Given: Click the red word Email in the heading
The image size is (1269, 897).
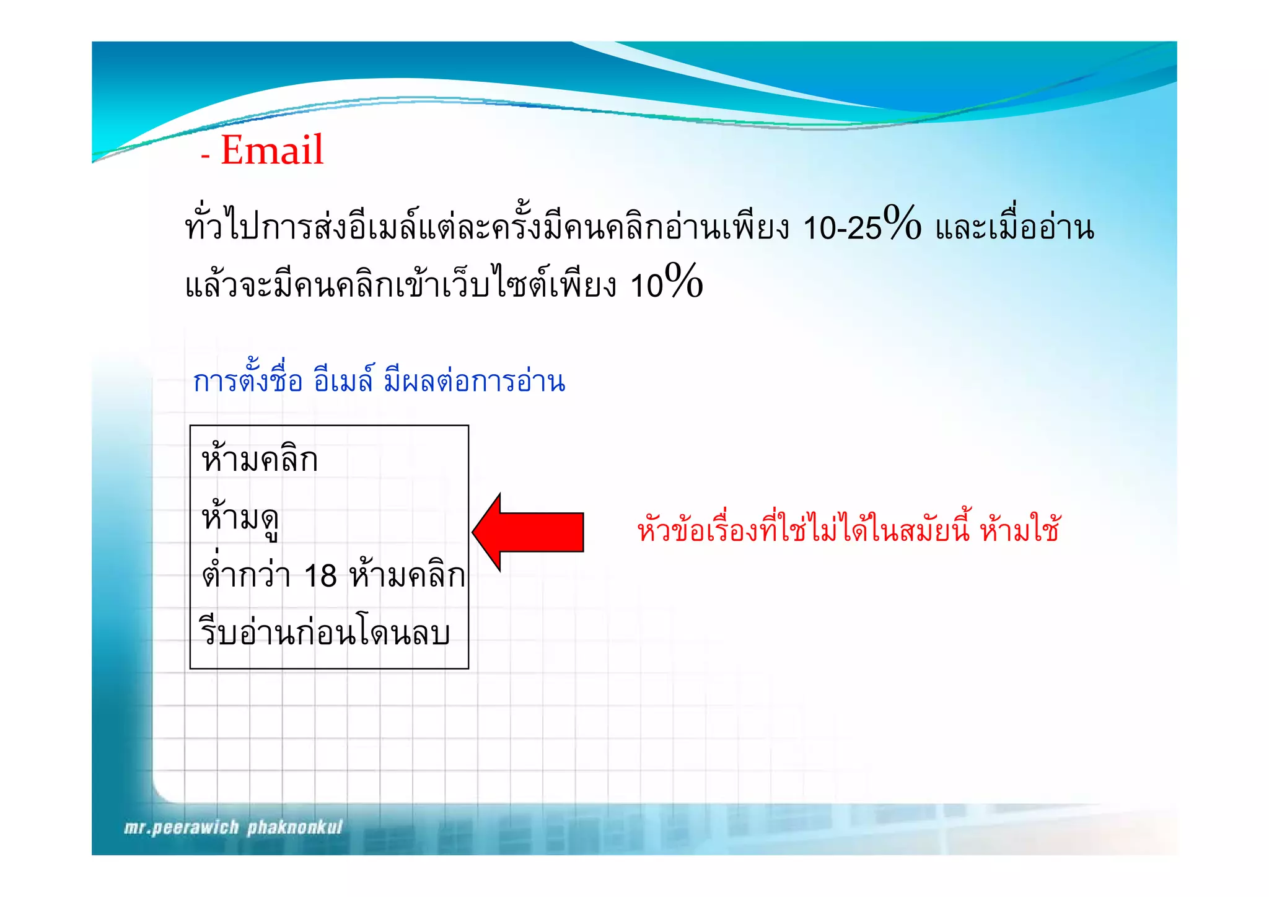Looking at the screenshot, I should (x=272, y=150).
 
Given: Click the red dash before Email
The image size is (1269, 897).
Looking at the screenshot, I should (x=205, y=156).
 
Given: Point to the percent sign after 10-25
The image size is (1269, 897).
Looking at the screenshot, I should (x=902, y=223).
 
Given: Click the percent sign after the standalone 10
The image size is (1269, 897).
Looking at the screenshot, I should (x=683, y=281).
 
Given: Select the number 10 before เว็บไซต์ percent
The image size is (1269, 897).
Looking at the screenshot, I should (x=646, y=286).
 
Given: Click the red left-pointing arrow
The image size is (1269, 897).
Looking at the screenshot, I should (x=528, y=532).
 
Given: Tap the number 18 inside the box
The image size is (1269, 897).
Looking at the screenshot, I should (x=320, y=575).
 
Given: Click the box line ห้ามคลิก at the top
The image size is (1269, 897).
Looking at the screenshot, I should (x=260, y=460).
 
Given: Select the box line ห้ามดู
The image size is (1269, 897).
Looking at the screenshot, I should (x=240, y=518).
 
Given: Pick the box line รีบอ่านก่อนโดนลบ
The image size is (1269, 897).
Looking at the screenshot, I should (x=325, y=632).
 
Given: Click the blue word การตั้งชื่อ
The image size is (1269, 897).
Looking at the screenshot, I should (x=248, y=380).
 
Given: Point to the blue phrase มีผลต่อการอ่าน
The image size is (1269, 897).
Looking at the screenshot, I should (x=475, y=380).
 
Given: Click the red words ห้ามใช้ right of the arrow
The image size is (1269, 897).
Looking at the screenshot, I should (x=1020, y=530).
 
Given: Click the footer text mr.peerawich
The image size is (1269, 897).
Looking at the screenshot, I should (x=181, y=828).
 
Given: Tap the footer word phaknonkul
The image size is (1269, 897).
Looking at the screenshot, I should (x=295, y=828).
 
